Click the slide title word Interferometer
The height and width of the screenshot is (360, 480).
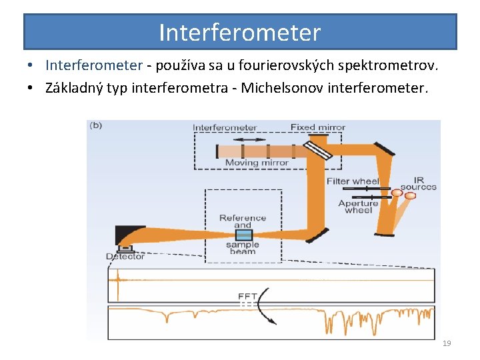pyautogui.click(x=240, y=32)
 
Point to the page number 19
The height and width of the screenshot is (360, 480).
pyautogui.click(x=447, y=343)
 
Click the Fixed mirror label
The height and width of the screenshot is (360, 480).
pyautogui.click(x=318, y=127)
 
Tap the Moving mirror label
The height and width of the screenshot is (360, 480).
pyautogui.click(x=257, y=163)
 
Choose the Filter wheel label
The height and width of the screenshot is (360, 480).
pyautogui.click(x=353, y=181)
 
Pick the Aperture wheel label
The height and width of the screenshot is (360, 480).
pyautogui.click(x=358, y=207)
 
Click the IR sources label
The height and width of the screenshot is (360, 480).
pyautogui.click(x=419, y=183)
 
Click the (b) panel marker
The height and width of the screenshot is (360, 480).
pyautogui.click(x=96, y=125)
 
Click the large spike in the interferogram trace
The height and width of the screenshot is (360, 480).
pyautogui.click(x=118, y=283)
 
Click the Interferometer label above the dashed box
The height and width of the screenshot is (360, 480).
pyautogui.click(x=225, y=127)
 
